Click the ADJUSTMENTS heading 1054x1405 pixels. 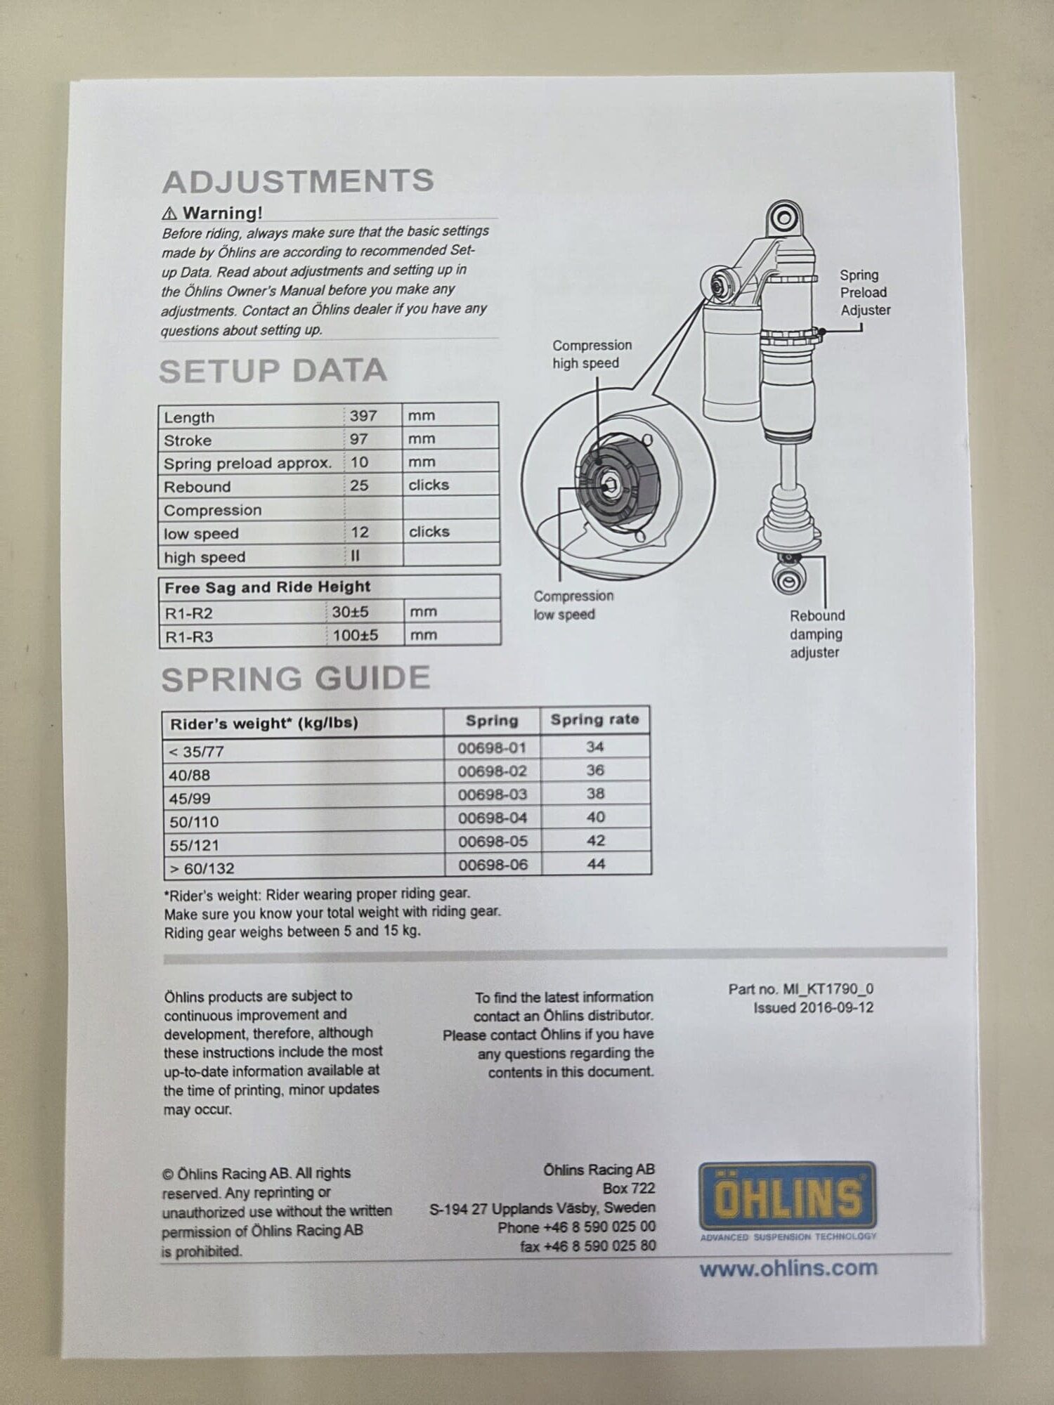[x=298, y=181]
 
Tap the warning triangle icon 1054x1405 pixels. [x=169, y=213]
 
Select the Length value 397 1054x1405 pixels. [x=363, y=415]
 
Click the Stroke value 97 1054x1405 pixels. [x=359, y=438]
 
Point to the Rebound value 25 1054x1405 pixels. [x=359, y=485]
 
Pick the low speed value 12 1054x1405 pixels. [x=360, y=532]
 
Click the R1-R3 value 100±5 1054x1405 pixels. [x=356, y=635]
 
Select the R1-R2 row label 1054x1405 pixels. [x=188, y=613]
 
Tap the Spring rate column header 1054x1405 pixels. [x=594, y=719]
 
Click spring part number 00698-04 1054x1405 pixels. [x=493, y=818]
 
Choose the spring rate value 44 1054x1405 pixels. [x=596, y=863]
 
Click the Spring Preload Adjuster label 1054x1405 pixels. [x=864, y=292]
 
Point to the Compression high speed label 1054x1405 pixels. [x=592, y=354]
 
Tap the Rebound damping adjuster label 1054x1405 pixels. [x=816, y=634]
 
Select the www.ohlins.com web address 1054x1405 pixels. [x=788, y=1268]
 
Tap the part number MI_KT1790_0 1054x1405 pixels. [x=828, y=989]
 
